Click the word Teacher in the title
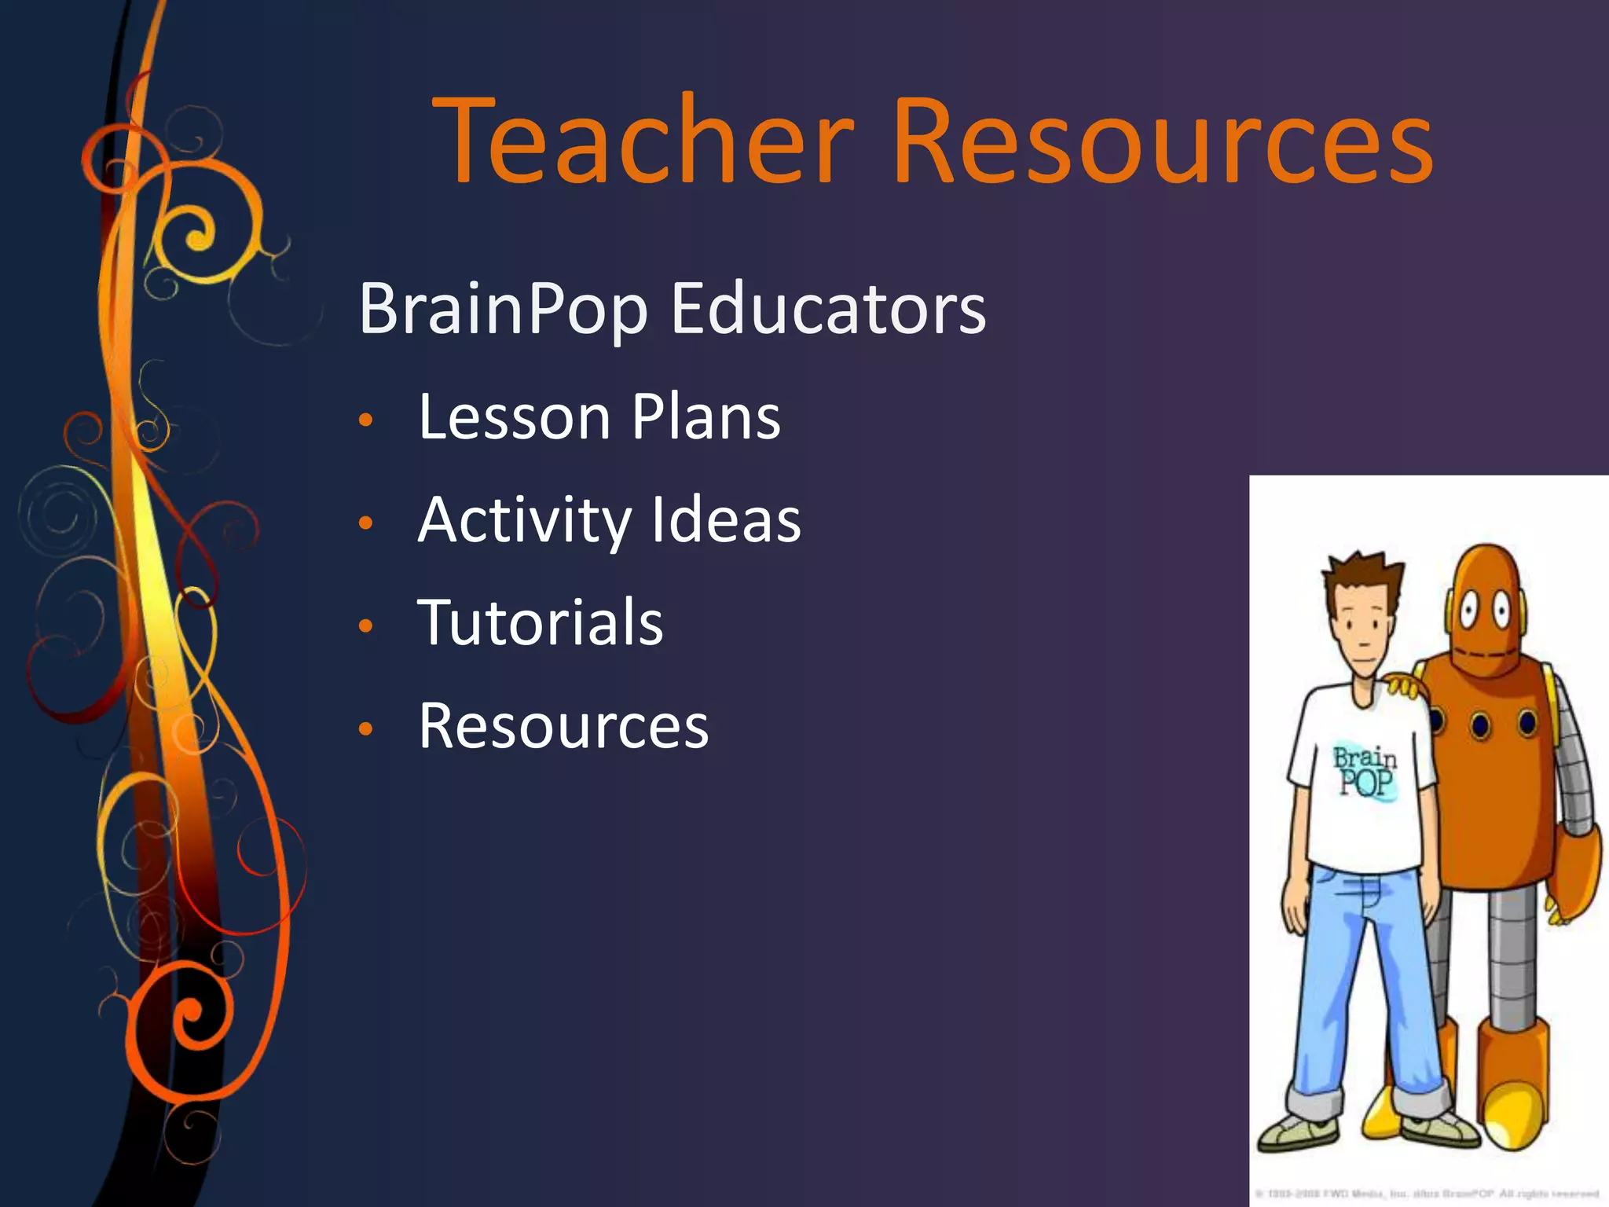point(647,141)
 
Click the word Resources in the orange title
point(1163,141)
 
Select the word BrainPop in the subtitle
point(503,309)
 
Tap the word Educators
point(828,309)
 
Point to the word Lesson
point(514,416)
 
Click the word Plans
point(706,416)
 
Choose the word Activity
point(524,520)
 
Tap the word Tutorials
point(541,622)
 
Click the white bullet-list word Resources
point(563,726)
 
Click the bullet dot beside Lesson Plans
point(365,420)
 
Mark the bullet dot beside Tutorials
point(365,626)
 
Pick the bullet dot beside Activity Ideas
point(365,523)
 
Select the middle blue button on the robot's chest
point(1480,724)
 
